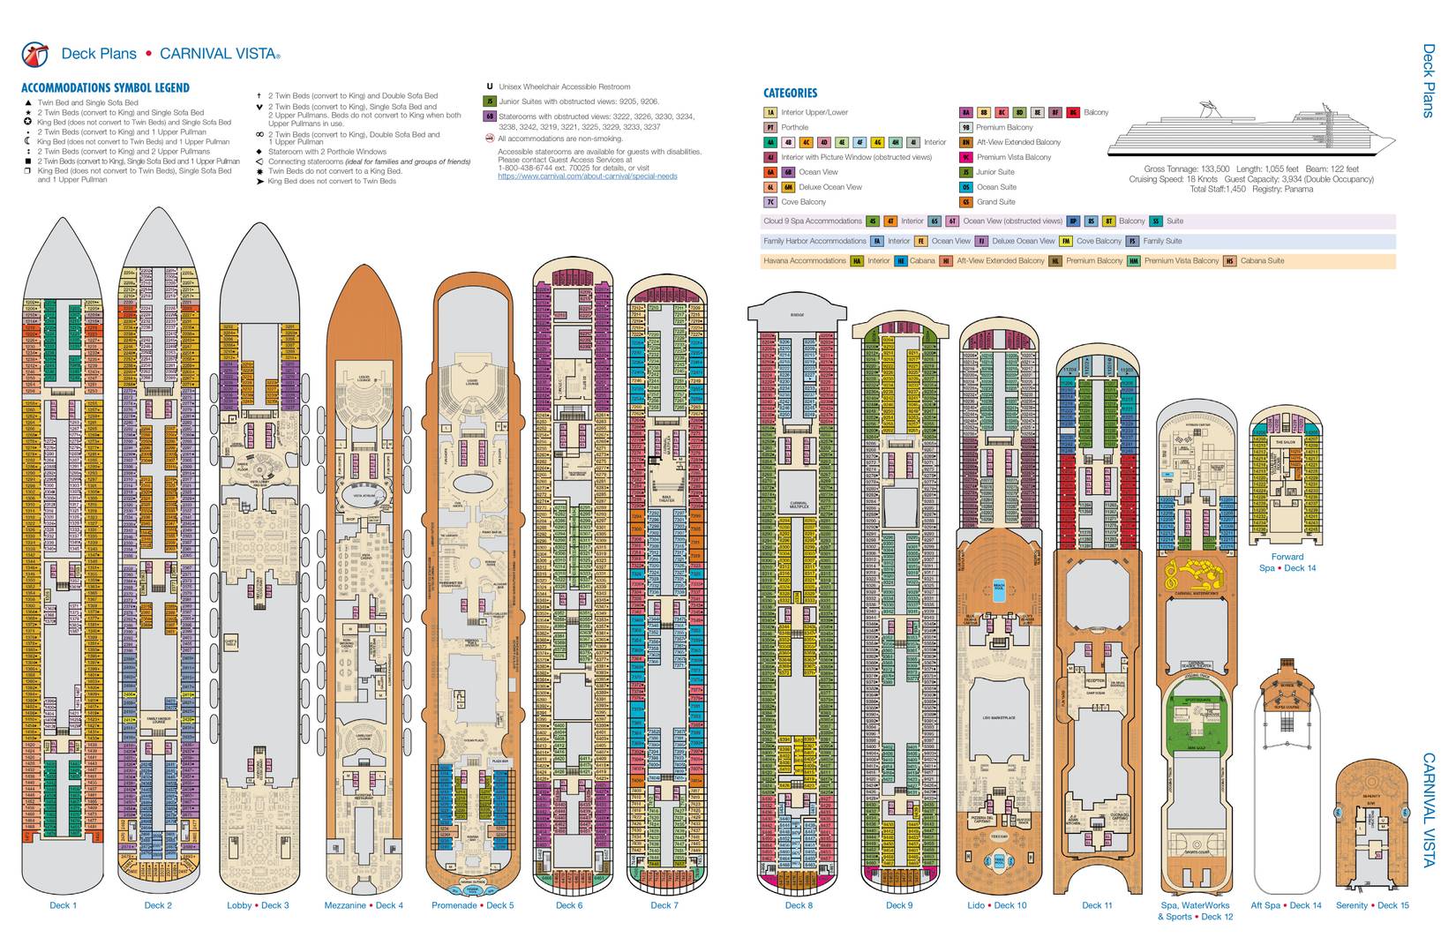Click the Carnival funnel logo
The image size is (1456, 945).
34,54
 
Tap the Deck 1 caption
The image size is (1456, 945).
63,905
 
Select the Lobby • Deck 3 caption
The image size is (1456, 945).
258,905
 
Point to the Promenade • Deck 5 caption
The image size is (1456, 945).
472,905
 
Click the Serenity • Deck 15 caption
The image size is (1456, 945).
1372,905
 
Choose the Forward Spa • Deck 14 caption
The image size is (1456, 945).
1287,562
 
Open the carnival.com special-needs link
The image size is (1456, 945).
587,176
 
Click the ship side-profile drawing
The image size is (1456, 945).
1251,132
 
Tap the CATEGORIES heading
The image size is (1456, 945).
790,93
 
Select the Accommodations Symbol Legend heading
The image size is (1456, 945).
105,88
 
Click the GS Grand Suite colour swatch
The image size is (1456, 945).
966,202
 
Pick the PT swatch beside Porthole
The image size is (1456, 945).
770,127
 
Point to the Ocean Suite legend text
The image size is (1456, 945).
996,187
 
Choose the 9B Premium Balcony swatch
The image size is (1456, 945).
966,127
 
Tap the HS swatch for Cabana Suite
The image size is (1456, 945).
1229,260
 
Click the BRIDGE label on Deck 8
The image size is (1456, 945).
798,315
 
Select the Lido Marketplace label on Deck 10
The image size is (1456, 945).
999,718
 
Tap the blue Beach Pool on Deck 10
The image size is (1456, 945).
1000,592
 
